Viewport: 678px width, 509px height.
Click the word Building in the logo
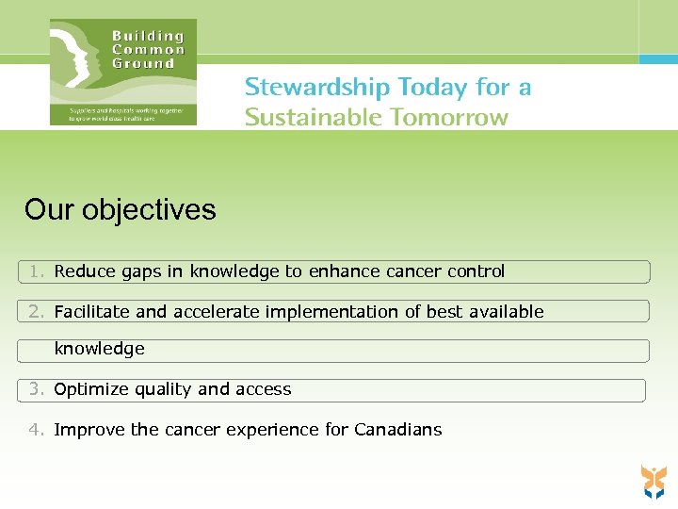click(148, 36)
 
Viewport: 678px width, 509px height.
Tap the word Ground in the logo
click(143, 64)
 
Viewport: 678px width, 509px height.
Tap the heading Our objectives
click(121, 209)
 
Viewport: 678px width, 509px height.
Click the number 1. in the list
click(37, 271)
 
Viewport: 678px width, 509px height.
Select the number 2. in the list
click(37, 311)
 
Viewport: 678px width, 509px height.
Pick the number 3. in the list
click(37, 389)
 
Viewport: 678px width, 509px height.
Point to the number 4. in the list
click(37, 430)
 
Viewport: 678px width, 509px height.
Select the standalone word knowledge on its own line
click(99, 349)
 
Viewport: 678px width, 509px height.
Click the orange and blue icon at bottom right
click(654, 481)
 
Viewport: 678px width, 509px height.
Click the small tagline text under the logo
click(123, 114)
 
